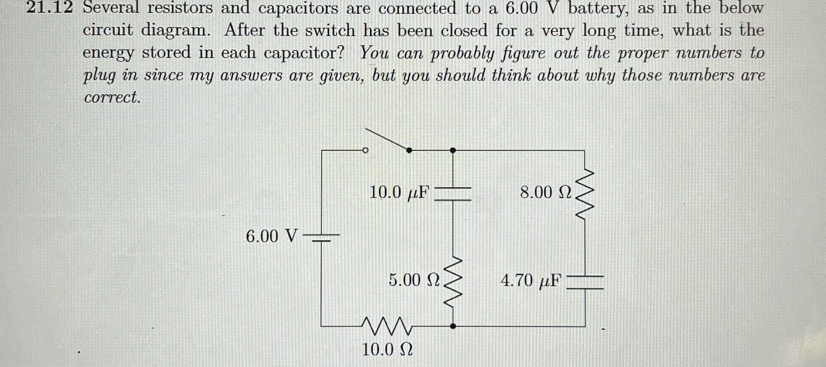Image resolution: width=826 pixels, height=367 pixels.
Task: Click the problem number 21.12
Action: click(49, 8)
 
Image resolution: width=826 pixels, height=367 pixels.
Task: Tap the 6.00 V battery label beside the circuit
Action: click(271, 236)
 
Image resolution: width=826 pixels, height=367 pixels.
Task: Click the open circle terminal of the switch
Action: click(365, 150)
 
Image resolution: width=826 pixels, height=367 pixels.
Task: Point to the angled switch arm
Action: click(387, 139)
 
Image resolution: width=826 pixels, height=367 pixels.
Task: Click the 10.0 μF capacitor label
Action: click(399, 193)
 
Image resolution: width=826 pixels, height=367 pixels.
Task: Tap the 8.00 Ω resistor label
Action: click(546, 193)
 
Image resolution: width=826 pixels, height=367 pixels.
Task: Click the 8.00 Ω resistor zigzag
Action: click(584, 195)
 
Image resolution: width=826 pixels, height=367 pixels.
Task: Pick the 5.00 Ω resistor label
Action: click(414, 280)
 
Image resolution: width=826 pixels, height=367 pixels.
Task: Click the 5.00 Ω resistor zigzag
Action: click(453, 282)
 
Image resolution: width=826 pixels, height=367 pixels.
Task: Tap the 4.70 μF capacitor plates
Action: click(585, 282)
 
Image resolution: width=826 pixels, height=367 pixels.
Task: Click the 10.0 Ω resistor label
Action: click(387, 350)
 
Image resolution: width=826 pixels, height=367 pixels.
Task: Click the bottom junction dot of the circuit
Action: click(453, 326)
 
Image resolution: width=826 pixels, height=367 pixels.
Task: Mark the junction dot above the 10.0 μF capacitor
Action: click(453, 150)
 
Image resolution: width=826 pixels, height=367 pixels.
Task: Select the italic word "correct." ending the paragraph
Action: click(112, 97)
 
